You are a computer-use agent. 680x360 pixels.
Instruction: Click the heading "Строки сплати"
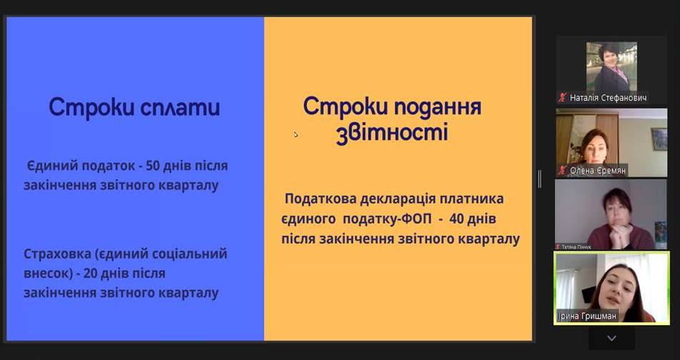point(134,108)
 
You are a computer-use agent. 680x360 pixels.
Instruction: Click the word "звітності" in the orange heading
point(392,133)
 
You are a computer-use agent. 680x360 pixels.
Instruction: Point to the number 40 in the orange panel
point(456,219)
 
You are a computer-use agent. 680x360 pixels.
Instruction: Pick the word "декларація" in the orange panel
point(397,199)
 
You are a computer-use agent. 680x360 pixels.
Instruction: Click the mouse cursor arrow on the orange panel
point(295,134)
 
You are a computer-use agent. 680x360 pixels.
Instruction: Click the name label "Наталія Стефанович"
point(608,98)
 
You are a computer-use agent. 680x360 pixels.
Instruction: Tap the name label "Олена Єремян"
point(598,171)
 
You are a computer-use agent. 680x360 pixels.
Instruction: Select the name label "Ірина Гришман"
point(586,316)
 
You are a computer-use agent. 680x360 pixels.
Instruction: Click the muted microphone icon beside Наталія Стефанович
point(562,98)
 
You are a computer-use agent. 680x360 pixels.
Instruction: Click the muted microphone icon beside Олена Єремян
point(562,171)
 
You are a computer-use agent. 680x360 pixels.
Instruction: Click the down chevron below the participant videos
point(611,338)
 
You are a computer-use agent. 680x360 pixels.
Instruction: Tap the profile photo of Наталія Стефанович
point(611,66)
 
